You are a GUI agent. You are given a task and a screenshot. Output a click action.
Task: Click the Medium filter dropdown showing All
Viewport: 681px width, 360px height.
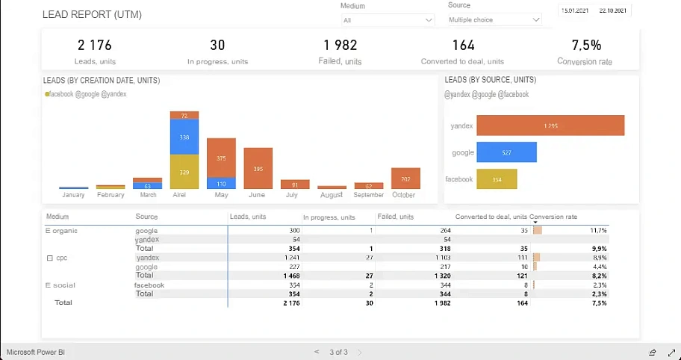pyautogui.click(x=387, y=20)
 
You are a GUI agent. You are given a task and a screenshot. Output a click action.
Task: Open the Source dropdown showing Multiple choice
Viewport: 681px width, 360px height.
pyautogui.click(x=494, y=20)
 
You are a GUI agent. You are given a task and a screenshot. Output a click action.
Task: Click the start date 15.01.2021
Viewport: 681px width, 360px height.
pyautogui.click(x=574, y=10)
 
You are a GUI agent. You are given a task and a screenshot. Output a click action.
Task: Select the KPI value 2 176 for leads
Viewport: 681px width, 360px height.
pyautogui.click(x=95, y=46)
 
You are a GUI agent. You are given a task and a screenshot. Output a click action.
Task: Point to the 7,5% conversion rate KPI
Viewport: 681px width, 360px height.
pyautogui.click(x=586, y=46)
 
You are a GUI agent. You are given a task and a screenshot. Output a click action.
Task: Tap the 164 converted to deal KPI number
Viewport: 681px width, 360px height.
pyautogui.click(x=463, y=46)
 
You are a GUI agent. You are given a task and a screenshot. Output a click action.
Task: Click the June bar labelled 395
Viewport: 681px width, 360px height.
pyautogui.click(x=258, y=169)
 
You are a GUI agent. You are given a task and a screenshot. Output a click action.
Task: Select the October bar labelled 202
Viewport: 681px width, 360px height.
pyautogui.click(x=405, y=179)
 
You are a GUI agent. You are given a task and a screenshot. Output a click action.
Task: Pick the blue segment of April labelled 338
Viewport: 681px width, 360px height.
pyautogui.click(x=184, y=137)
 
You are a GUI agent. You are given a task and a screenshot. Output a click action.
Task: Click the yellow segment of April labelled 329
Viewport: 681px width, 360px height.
pyautogui.click(x=184, y=172)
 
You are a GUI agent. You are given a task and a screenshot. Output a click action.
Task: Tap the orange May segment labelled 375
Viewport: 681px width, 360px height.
pyautogui.click(x=221, y=158)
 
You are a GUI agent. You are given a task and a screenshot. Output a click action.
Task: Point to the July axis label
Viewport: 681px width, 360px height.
pyautogui.click(x=291, y=195)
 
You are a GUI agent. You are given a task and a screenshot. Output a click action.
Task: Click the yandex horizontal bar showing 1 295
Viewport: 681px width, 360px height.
pyautogui.click(x=550, y=125)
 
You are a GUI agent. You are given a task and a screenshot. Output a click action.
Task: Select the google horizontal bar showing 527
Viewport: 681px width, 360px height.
pyautogui.click(x=506, y=152)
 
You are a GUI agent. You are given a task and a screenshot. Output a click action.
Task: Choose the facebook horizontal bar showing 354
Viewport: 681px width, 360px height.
pyautogui.click(x=497, y=179)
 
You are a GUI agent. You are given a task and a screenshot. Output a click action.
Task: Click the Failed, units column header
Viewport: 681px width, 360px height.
pyautogui.click(x=395, y=217)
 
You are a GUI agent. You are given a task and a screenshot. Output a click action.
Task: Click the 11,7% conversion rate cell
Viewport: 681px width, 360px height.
pyautogui.click(x=597, y=231)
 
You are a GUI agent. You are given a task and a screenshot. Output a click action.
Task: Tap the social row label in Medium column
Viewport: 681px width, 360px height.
pyautogui.click(x=63, y=285)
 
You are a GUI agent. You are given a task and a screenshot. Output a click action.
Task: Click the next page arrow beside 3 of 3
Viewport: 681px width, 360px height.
pyautogui.click(x=359, y=352)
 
